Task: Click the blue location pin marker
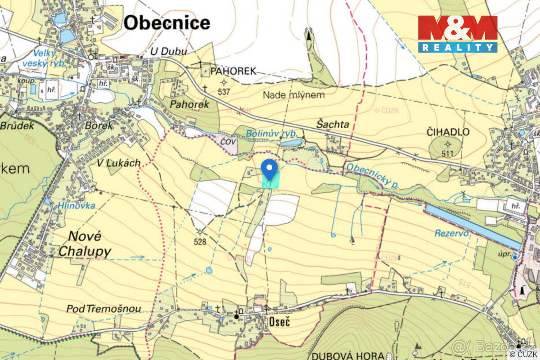point(269,169)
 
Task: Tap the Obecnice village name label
point(167,22)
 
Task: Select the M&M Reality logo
point(458,34)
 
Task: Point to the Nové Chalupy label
point(85,244)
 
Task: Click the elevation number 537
point(224,92)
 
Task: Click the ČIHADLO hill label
point(447,132)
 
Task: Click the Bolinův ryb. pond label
point(269,133)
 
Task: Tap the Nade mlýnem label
point(293,95)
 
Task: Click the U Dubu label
point(169,51)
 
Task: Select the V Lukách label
point(119,163)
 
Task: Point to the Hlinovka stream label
point(76,206)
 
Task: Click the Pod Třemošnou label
point(103,309)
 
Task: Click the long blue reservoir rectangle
point(472,226)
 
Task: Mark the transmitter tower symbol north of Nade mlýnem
point(309,35)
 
